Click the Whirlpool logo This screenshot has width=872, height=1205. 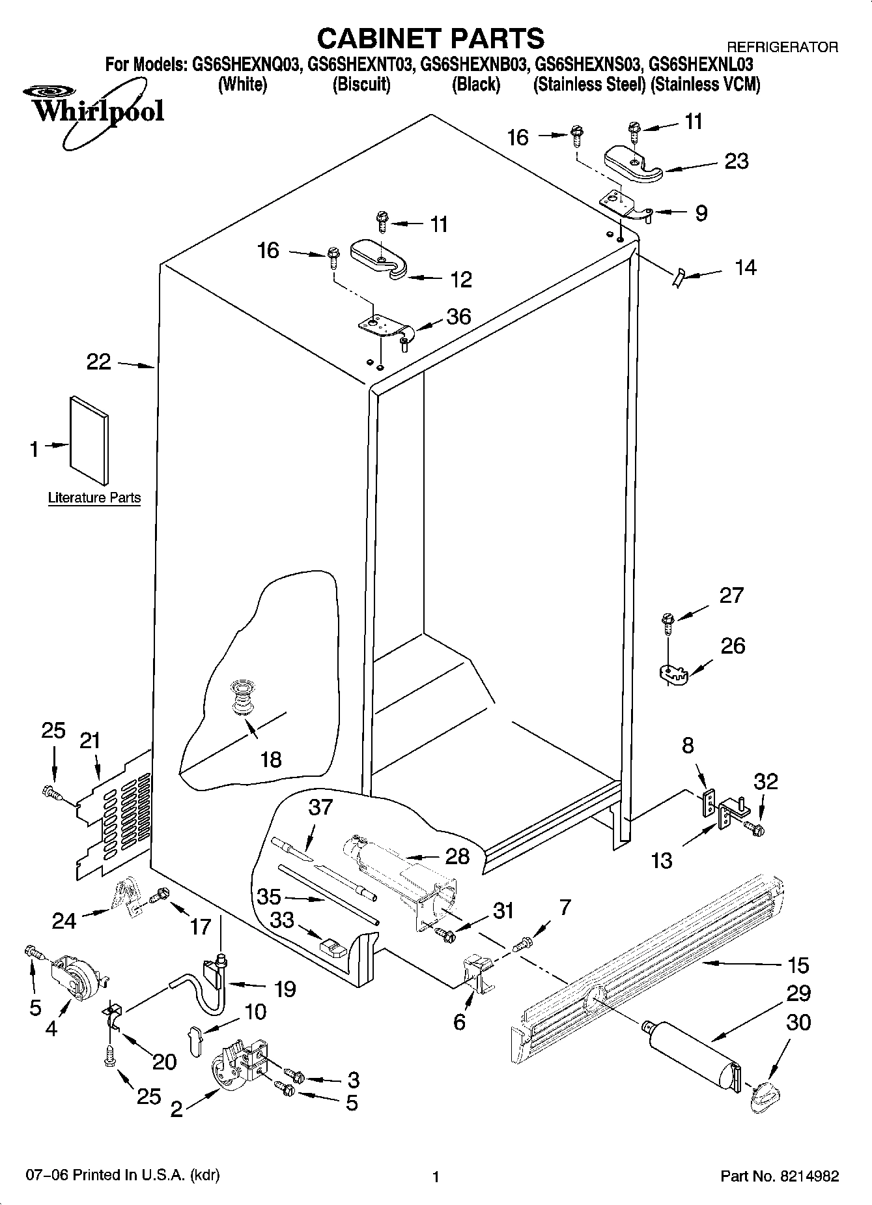pos(98,111)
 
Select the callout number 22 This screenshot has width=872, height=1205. pos(99,362)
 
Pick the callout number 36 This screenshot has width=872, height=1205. pos(458,317)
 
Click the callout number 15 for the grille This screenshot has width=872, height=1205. pos(798,965)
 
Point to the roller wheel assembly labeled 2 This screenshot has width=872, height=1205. pos(238,1067)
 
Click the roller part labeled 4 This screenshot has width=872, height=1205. pos(77,975)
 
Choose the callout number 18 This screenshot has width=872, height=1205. pos(271,759)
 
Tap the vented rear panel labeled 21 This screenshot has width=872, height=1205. pos(114,818)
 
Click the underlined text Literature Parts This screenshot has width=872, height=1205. pos(94,498)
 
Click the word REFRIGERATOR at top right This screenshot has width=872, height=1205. pos(781,47)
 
